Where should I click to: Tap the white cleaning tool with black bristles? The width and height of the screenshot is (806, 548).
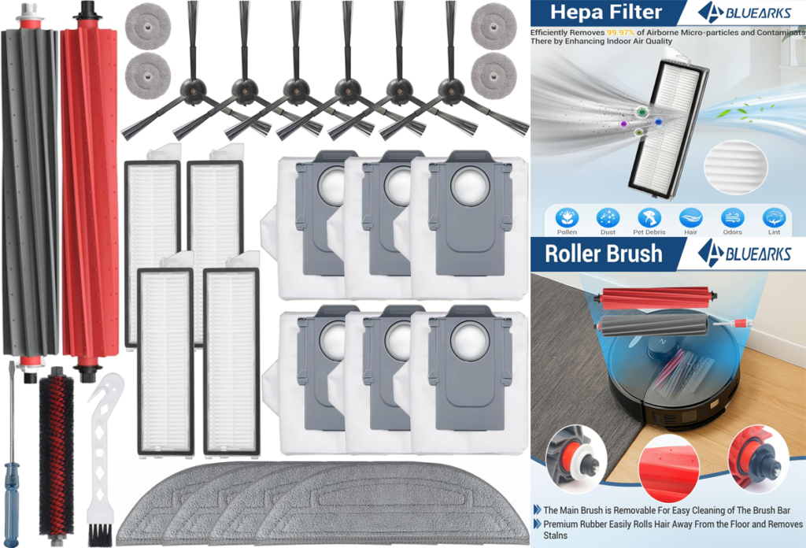(x=104, y=457)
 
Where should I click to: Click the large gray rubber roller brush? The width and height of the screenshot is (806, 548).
(x=31, y=191)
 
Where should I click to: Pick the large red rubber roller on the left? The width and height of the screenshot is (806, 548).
(x=90, y=191)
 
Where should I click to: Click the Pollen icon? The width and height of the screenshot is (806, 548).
(x=567, y=218)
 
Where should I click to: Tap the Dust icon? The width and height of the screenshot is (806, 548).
(x=608, y=218)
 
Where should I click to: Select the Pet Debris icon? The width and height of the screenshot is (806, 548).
(x=649, y=218)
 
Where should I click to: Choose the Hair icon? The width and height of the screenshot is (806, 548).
(x=691, y=218)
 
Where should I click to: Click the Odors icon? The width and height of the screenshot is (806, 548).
(x=732, y=218)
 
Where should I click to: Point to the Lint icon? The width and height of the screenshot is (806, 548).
(x=775, y=218)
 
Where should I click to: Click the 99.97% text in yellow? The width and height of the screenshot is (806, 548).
(x=620, y=32)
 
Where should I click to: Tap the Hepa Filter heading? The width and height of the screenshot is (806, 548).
(x=606, y=12)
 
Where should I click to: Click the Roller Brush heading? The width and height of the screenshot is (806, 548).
(x=604, y=254)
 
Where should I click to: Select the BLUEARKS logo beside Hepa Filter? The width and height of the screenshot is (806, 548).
(x=745, y=13)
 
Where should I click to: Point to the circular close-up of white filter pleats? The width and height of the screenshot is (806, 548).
(x=736, y=167)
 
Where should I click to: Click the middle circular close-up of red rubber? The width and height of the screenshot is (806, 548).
(x=669, y=467)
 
